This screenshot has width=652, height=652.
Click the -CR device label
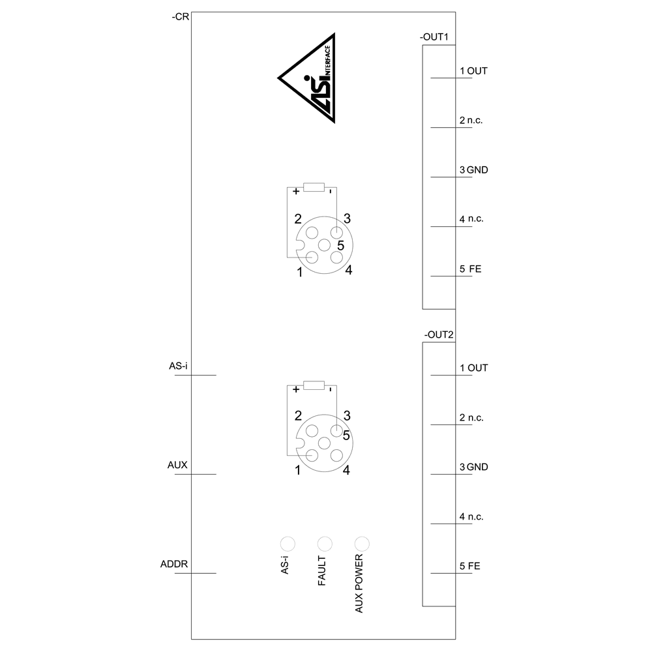[x=181, y=17]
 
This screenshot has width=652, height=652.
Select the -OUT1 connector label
[x=434, y=37]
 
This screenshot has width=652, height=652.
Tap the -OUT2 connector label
[x=439, y=334]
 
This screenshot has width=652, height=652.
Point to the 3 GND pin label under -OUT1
[x=473, y=170]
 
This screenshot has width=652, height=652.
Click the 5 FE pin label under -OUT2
[x=470, y=567]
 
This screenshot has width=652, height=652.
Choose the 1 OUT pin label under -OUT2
[x=473, y=368]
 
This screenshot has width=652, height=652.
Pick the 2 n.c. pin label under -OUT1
[x=471, y=121]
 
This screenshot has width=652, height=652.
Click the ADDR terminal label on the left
[x=174, y=564]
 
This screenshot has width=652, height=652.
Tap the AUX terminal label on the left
[x=177, y=466]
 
